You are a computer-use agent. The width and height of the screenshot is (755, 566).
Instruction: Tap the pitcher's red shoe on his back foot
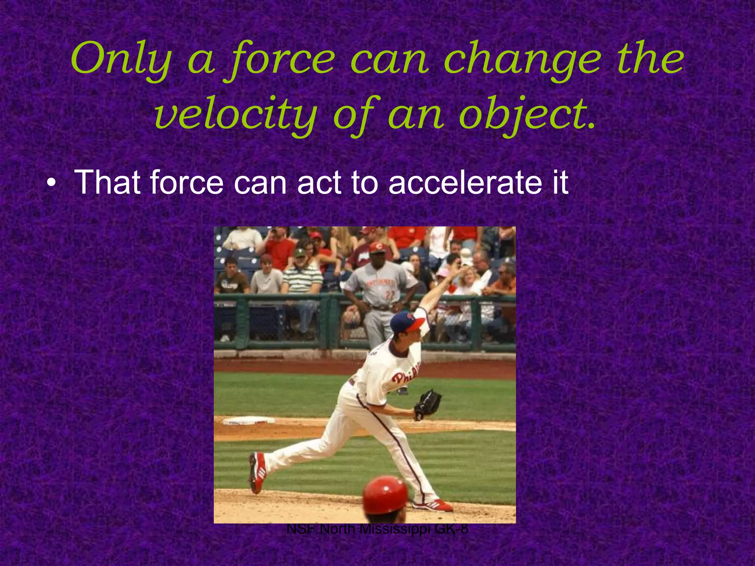[257, 472]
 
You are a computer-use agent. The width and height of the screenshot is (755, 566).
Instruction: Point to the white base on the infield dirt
[249, 420]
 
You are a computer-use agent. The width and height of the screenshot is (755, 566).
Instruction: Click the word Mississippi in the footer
[395, 530]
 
